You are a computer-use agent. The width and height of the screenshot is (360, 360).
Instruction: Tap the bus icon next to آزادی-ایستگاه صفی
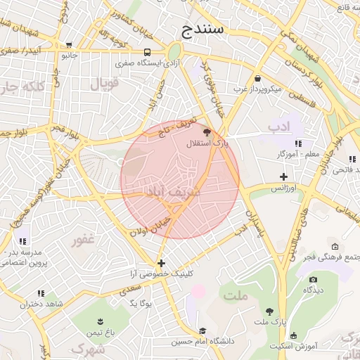click(147, 52)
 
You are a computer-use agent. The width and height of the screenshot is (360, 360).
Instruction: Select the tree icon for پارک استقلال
click(206, 132)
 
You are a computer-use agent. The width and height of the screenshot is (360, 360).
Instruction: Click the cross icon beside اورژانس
click(283, 176)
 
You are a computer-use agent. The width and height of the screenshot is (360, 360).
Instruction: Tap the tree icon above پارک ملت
click(269, 311)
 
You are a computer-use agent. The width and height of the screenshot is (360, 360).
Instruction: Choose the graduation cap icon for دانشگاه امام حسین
click(203, 331)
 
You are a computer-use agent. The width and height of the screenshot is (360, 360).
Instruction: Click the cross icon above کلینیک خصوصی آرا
click(161, 263)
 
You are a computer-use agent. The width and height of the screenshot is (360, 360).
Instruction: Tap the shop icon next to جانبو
click(68, 44)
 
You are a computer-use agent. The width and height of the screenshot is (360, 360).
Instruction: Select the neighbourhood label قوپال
click(105, 84)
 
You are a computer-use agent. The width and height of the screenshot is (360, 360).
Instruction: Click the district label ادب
click(279, 127)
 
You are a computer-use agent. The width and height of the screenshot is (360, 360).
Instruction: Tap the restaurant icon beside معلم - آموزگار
click(299, 144)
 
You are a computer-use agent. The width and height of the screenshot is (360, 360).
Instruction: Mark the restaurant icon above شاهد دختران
click(41, 293)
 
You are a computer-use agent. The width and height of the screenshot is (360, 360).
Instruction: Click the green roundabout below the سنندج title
click(174, 51)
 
